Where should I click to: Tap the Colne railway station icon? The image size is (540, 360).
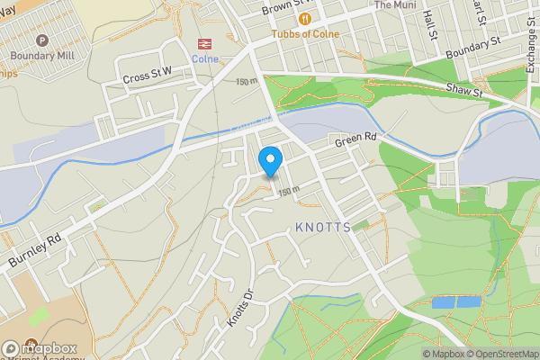coord(205,43)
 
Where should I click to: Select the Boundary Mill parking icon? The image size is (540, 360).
coord(41,40)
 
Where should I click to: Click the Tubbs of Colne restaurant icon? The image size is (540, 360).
coord(306,18)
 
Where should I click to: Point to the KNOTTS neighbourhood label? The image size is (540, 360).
coord(322,228)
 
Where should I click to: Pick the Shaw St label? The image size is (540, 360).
coord(464,89)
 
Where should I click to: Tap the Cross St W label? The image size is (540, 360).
coord(148,77)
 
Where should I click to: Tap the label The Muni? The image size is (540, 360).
coord(396,4)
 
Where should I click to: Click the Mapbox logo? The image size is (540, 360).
coord(40,348)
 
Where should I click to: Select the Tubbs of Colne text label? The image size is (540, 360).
coord(306,34)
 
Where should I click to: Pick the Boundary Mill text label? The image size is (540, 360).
coord(41,55)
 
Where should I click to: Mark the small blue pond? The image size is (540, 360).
coord(455,302)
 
